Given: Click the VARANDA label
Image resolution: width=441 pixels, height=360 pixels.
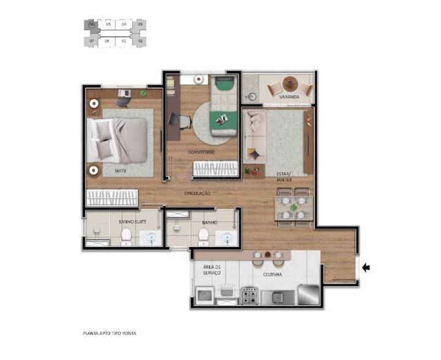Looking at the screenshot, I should tap(289, 97).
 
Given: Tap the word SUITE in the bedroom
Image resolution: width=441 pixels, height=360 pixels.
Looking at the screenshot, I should tap(120, 171).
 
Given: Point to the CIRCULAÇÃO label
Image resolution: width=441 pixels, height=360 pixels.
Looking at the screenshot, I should tap(198, 193).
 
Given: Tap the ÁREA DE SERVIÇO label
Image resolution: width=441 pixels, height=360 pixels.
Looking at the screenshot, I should tap(212, 270).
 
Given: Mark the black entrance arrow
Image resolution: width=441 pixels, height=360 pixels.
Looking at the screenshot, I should tap(367, 267).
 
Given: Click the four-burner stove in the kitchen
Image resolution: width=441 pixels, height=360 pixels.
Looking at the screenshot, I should tap(249, 296).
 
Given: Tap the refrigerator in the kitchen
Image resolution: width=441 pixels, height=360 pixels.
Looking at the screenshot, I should tap(308, 295).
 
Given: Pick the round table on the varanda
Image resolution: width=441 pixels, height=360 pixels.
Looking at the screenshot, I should tap(289, 84).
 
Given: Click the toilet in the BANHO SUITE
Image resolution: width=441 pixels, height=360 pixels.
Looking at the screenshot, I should tap(125, 235).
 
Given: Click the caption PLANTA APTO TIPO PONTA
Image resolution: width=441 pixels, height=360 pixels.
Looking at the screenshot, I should tap(109, 333).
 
